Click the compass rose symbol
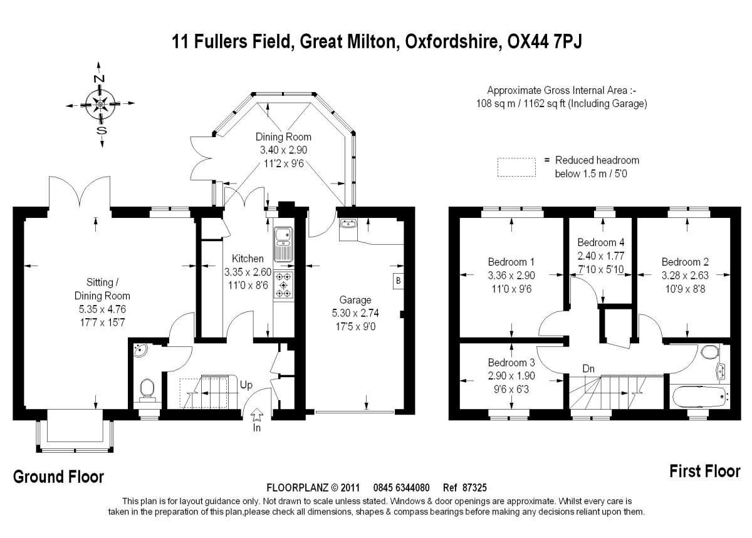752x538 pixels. pos(100,104)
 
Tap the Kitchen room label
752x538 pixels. pos(248,259)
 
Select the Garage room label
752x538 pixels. pos(355,300)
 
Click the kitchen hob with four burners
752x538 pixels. pos(284,285)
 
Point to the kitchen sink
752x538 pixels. pos(284,244)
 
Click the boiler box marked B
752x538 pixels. pos(398,281)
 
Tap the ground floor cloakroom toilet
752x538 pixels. pos(147,390)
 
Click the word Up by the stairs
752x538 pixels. pos(246,385)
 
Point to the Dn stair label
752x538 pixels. pos(588,369)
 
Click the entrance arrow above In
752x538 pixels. pos(257,415)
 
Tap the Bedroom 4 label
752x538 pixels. pos(601,242)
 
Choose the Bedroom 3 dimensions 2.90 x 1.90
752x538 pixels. pos(511,376)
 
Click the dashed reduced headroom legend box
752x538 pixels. pos(516,167)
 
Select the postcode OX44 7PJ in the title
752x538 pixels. pos(545,42)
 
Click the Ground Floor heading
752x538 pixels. pos(59,477)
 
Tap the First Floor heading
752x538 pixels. pos(705,471)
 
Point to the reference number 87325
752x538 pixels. pos(474,488)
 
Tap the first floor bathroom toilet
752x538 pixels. pos(710,351)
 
